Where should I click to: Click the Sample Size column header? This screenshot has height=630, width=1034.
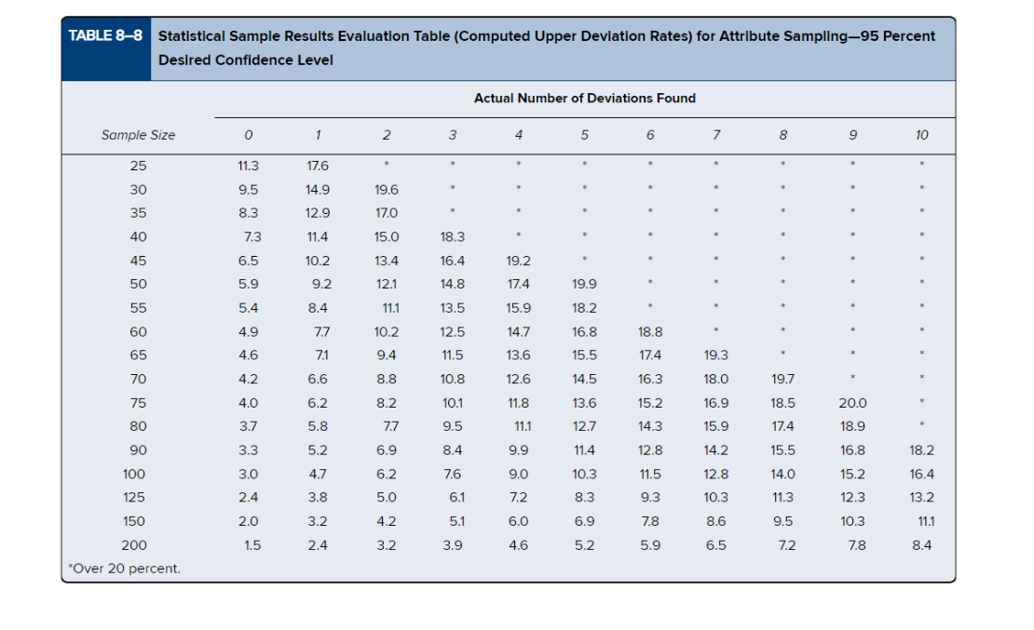137,135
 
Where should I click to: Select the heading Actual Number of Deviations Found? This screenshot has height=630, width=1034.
584,98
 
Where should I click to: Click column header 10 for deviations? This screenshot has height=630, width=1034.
921,135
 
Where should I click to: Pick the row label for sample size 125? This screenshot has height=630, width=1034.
134,497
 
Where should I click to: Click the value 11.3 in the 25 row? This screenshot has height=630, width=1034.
249,166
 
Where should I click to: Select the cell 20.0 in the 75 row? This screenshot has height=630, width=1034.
852,403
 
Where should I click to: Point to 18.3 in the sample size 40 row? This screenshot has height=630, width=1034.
453,237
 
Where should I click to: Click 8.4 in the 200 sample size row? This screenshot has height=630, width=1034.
921,545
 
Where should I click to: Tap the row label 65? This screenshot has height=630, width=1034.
137,355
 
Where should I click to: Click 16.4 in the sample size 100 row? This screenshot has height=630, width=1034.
921,474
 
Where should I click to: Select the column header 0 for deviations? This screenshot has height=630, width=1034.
249,135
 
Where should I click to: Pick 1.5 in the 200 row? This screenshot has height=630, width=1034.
252,545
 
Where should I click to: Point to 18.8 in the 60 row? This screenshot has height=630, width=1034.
650,331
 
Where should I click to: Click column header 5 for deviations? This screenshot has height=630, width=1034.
584,135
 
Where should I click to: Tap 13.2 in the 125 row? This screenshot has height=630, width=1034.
921,497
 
